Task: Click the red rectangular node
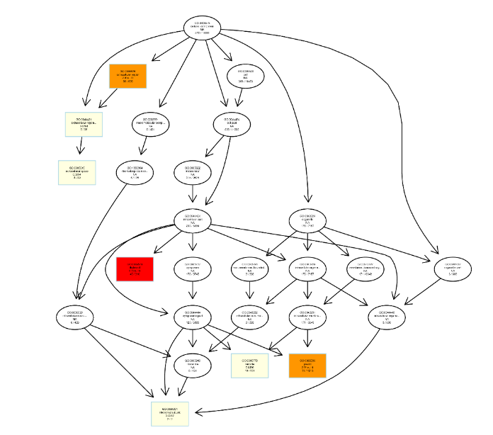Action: (135, 269)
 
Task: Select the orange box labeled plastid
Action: (307, 366)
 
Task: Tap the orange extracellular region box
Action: (127, 76)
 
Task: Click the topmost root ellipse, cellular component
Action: (202, 28)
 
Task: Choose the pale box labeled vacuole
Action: (249, 366)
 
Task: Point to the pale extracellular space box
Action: (76, 172)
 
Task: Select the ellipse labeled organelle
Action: (307, 220)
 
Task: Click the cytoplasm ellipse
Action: (193, 269)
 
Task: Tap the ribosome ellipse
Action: (193, 365)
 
